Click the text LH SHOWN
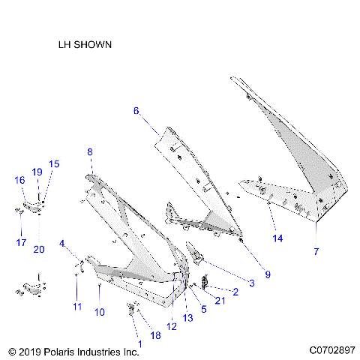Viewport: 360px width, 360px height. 85,45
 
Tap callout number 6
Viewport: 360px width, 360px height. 136,111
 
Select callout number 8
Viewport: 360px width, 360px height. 90,152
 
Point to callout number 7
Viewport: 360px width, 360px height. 316,250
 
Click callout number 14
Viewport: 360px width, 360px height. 277,238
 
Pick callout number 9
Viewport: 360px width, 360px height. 268,274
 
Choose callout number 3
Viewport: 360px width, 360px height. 251,283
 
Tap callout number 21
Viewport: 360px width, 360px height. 219,301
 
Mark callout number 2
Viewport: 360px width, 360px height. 235,292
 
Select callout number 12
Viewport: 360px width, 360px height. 172,325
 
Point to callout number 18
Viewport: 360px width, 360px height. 156,335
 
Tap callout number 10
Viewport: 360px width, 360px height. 99,312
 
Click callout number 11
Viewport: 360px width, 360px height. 76,307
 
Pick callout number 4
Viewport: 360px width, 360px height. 63,243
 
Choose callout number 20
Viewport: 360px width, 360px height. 39,249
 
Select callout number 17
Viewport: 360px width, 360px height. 21,242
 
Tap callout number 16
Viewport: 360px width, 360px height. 19,180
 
